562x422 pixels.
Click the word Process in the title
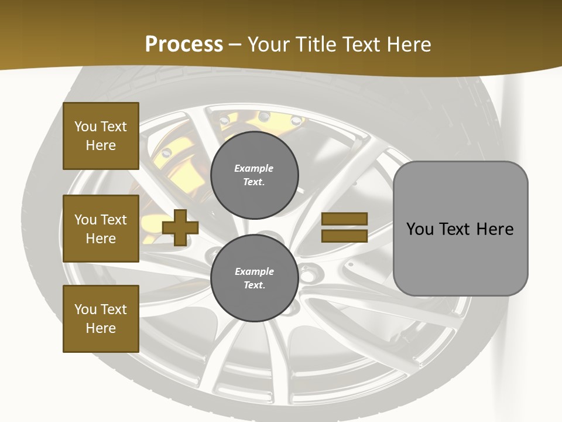[184, 45]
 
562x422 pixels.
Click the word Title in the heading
[317, 45]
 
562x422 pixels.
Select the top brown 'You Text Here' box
[101, 136]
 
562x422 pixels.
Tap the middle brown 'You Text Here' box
[101, 229]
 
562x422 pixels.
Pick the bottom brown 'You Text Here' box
[101, 318]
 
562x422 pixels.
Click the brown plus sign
[180, 227]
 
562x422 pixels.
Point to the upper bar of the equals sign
[345, 219]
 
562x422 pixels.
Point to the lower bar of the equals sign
[345, 236]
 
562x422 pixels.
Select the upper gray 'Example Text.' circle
[254, 175]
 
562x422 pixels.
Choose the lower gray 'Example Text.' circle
[254, 278]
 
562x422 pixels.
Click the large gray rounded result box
[460, 229]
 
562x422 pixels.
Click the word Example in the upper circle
[254, 169]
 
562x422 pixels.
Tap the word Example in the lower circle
[254, 272]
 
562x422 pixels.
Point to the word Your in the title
[268, 45]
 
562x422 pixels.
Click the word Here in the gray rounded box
[495, 229]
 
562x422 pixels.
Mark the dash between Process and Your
[235, 45]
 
